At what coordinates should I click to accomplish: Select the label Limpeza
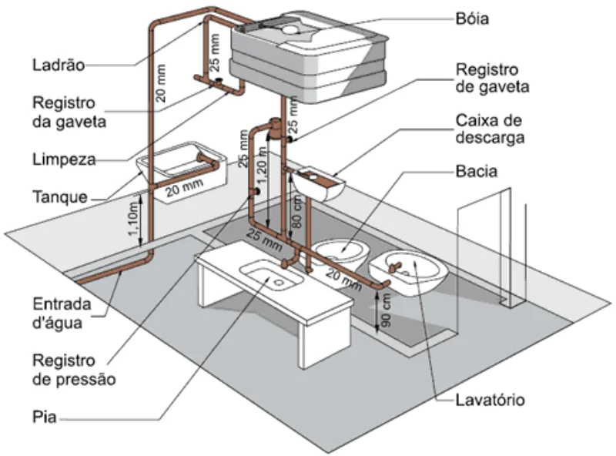coord(64,159)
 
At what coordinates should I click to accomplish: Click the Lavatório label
coord(490,401)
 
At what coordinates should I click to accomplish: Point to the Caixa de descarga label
coord(488,130)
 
